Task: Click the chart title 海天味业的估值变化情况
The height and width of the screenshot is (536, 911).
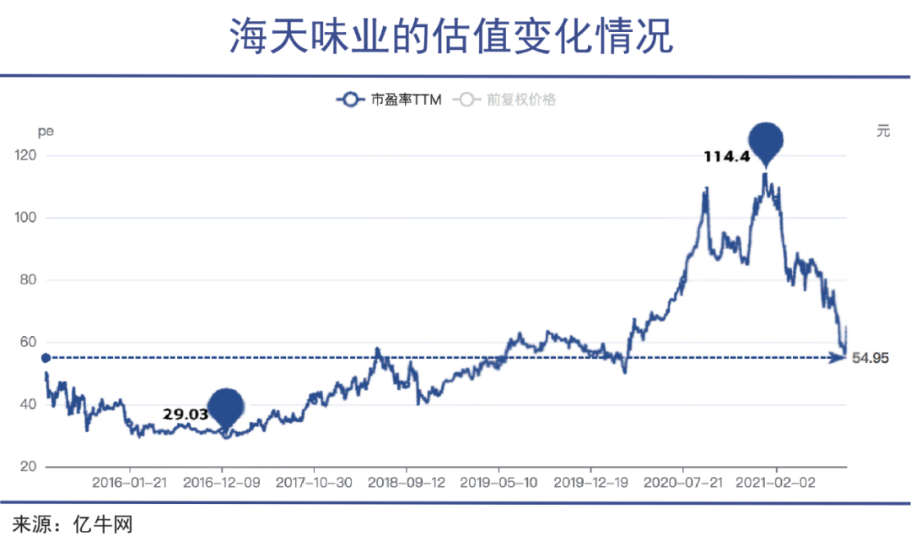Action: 452,36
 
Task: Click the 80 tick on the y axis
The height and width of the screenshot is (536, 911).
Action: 30,280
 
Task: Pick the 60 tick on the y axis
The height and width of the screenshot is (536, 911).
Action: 30,342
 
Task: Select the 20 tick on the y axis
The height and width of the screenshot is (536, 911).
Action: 30,467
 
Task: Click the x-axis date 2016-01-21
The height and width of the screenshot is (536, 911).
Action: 130,484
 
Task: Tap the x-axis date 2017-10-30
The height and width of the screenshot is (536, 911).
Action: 314,484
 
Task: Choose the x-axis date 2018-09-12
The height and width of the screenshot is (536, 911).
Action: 406,484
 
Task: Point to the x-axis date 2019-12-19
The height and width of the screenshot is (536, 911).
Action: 590,484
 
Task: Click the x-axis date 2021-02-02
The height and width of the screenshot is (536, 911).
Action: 775,484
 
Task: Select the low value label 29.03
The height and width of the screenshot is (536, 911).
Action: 185,414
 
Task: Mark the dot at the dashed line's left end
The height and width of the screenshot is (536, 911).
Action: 46,358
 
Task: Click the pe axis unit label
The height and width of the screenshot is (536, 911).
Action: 45,132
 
